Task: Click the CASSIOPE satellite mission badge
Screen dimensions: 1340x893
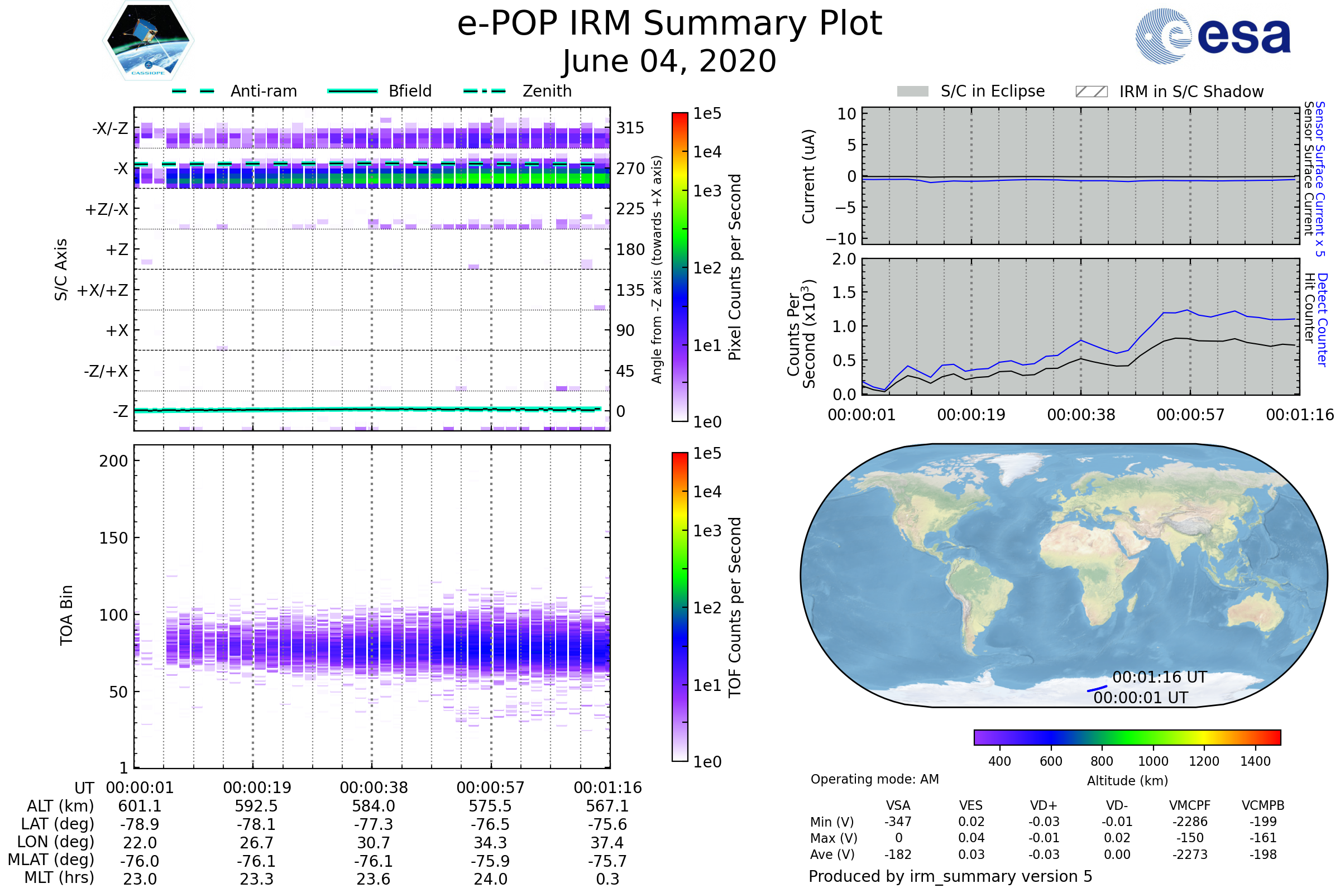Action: click(148, 40)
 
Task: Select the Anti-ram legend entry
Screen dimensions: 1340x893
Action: click(234, 91)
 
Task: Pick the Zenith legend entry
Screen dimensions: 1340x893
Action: click(518, 91)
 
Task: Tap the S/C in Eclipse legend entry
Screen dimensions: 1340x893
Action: click(970, 91)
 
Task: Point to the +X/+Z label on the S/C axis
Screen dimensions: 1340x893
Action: click(103, 290)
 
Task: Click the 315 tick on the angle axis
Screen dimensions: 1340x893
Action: click(630, 128)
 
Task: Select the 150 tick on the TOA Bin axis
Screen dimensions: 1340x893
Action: click(113, 538)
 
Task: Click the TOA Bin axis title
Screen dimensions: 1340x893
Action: click(66, 614)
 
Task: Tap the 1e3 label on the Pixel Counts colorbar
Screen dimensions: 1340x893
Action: click(707, 191)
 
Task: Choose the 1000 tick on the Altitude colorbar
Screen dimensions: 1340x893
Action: click(1153, 761)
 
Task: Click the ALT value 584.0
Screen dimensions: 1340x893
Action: click(374, 806)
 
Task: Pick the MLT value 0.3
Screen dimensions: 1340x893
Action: click(607, 878)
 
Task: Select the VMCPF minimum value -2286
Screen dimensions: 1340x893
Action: click(1190, 822)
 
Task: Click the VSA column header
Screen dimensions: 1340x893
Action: click(898, 806)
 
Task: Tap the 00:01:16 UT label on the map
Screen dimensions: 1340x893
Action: click(1160, 677)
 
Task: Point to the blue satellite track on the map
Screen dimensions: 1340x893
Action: click(1097, 689)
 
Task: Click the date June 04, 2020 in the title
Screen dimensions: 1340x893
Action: click(669, 61)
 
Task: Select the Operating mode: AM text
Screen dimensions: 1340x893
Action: click(874, 779)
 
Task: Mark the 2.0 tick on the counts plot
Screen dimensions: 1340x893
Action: click(844, 259)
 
